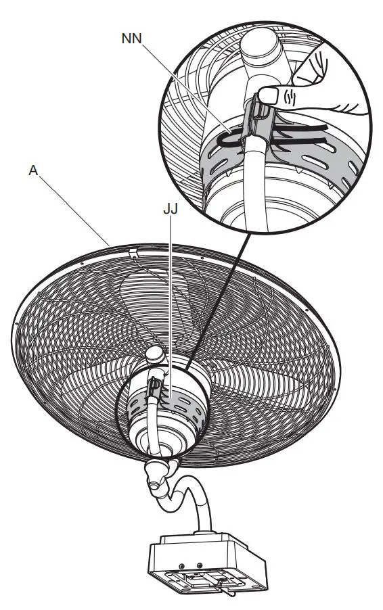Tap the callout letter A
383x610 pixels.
point(32,172)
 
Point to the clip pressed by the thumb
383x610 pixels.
point(261,115)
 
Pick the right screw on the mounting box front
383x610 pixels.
point(200,563)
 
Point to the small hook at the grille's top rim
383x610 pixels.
point(133,252)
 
